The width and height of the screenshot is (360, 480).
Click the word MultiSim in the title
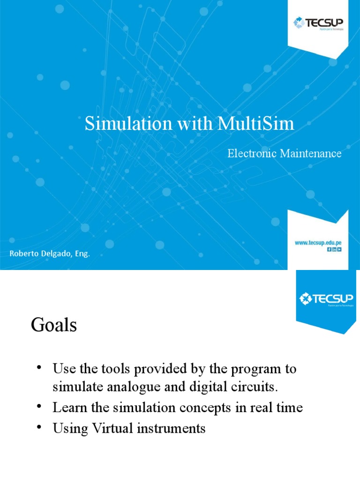(256, 123)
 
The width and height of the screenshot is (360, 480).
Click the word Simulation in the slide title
(128, 123)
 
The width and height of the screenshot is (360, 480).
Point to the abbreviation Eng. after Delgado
(82, 254)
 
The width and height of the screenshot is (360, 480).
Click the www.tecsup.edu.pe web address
(318, 243)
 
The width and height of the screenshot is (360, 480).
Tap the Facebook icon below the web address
(330, 249)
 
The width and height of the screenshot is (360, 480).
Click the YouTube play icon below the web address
(339, 249)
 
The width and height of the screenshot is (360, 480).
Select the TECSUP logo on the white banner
(318, 23)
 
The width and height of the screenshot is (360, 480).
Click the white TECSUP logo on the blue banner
(326, 299)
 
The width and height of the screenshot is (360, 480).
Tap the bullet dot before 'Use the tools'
(39, 367)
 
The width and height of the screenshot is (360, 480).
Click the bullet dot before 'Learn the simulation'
(39, 406)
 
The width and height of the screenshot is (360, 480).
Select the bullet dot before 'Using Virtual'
(39, 427)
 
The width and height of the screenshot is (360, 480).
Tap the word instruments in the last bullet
(171, 428)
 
